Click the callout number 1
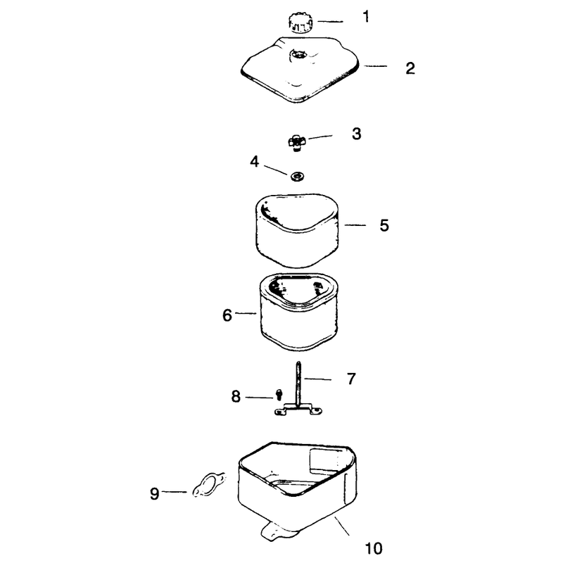(366, 17)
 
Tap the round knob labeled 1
(301, 23)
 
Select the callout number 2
(410, 68)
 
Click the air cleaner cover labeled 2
(300, 70)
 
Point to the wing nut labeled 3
(296, 142)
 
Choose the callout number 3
(356, 134)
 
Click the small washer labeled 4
(297, 177)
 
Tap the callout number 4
(255, 162)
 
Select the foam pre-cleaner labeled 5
(297, 231)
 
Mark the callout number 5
(384, 225)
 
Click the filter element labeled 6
(298, 312)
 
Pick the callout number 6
(227, 315)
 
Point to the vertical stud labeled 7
(298, 384)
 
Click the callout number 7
(351, 379)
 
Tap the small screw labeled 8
(279, 395)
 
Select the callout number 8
(236, 397)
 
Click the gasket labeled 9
(209, 485)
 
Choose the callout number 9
(154, 494)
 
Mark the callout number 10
(374, 549)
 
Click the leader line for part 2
(376, 66)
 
